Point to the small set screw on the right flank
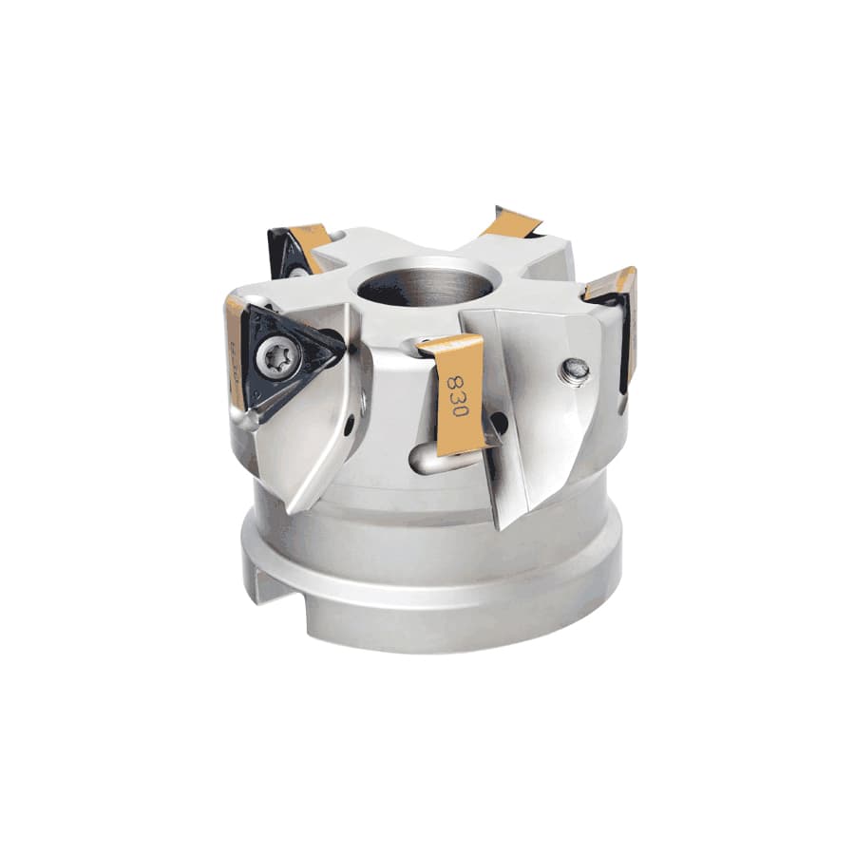point(575,368)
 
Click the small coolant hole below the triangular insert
point(351,430)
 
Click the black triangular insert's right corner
point(338,341)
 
